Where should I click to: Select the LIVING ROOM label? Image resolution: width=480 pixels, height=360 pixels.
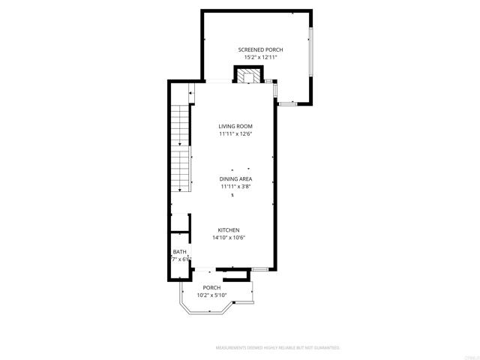(235, 126)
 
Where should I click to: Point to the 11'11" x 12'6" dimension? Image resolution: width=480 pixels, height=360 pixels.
(235, 134)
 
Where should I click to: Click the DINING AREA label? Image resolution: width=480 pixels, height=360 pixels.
(235, 179)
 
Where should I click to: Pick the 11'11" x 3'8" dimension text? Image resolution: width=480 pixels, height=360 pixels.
(235, 187)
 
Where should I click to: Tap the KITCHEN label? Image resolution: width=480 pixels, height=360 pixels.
(229, 230)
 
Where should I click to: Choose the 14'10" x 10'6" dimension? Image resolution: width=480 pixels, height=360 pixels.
(229, 238)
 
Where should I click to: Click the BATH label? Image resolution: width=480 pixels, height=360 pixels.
(179, 252)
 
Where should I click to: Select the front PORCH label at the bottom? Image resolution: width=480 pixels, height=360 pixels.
(211, 287)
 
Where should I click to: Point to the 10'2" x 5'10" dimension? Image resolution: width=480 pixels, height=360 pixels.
(211, 295)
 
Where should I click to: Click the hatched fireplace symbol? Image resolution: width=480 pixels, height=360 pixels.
(250, 75)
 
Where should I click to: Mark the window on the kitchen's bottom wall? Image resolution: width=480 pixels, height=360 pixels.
(259, 268)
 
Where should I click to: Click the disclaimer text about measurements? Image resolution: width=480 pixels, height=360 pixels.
(277, 348)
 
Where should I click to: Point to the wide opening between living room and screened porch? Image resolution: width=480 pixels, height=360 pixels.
(217, 81)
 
